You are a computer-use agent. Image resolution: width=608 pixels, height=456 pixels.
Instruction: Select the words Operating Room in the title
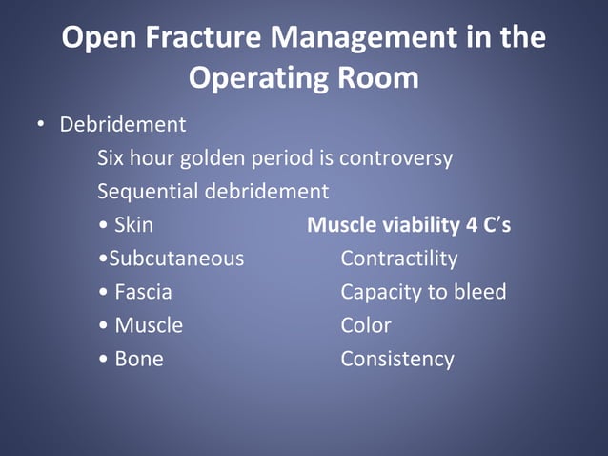303,78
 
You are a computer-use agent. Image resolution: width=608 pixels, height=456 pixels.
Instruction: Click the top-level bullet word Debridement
123,125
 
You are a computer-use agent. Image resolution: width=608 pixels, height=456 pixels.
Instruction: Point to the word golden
237,158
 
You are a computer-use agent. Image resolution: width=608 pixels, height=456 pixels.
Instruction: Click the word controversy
395,158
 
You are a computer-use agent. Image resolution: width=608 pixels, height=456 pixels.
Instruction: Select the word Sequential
144,192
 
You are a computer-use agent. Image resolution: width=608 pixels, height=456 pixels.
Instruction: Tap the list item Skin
133,225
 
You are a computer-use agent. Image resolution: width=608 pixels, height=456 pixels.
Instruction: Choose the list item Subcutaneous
176,259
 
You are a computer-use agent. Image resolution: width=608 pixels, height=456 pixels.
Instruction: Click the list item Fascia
143,292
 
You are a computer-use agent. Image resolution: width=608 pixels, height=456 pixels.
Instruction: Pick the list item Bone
138,359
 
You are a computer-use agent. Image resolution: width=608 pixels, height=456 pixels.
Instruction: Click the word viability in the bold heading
418,225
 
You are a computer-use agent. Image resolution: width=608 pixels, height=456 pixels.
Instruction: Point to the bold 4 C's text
486,225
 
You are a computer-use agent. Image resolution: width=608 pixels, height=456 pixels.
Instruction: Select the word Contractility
398,259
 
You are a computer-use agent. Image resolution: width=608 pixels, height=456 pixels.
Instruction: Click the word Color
366,325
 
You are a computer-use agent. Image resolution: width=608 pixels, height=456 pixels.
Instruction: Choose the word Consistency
397,359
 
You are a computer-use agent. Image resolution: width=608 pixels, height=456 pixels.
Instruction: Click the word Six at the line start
112,158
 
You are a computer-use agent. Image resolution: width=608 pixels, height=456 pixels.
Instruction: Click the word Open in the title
96,38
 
